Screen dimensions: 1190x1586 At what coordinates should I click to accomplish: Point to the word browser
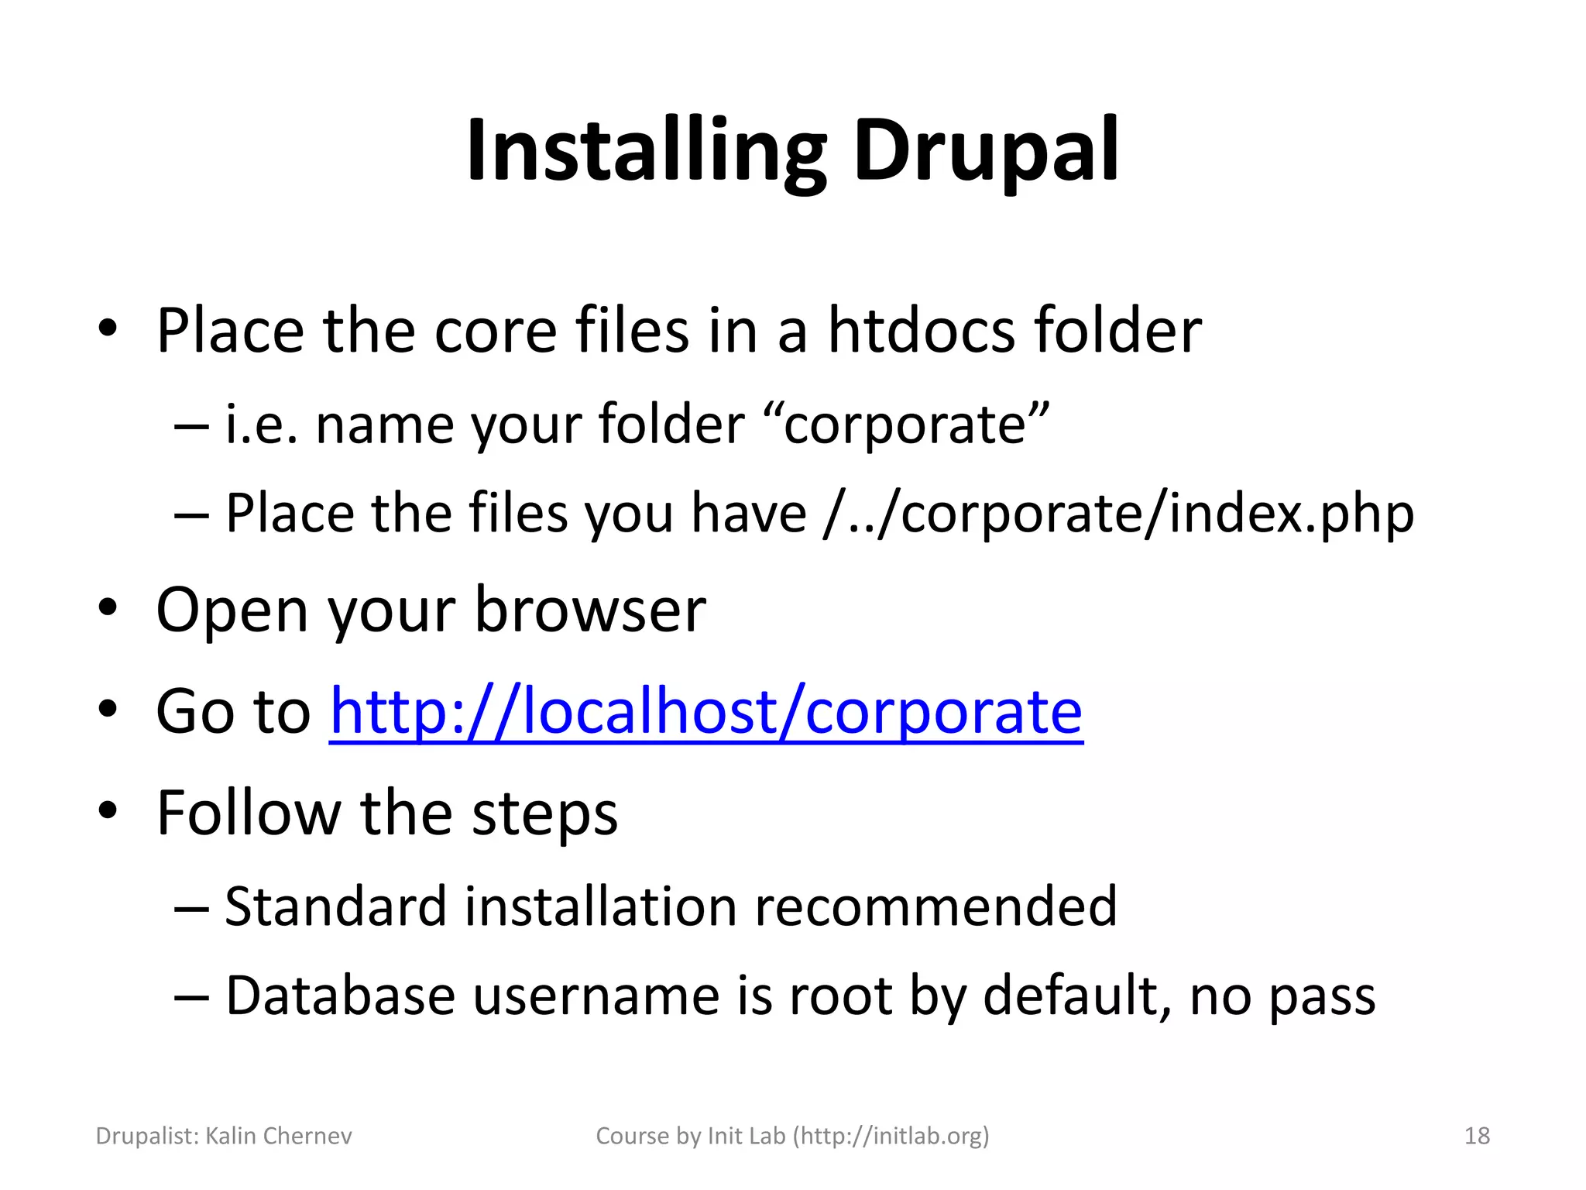click(x=589, y=610)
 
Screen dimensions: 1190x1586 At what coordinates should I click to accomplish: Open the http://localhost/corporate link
click(x=705, y=711)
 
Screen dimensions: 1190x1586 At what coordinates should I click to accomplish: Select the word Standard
click(x=335, y=906)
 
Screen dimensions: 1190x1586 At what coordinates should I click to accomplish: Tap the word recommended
click(x=935, y=906)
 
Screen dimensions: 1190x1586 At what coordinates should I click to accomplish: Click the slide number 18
click(x=1477, y=1136)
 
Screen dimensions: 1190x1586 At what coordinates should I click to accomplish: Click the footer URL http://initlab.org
click(x=892, y=1136)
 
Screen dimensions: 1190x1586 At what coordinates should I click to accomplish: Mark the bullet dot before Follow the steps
click(x=108, y=810)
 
